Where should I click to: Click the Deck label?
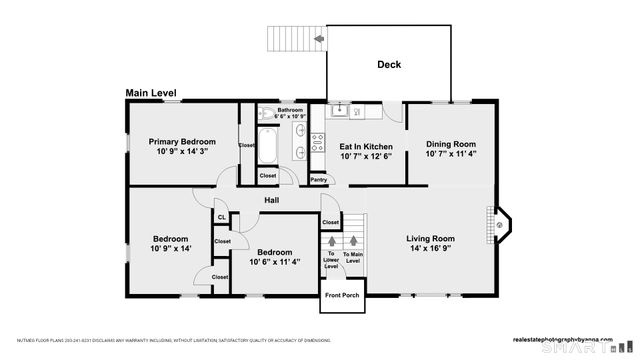tap(389, 65)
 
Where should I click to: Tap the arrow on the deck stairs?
tap(318, 39)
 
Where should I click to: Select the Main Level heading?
tap(151, 93)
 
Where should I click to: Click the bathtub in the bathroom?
tap(269, 144)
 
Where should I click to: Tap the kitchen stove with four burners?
tap(318, 142)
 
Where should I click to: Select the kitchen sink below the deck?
tap(340, 108)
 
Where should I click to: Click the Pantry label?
tap(319, 180)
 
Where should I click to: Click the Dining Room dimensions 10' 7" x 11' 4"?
tap(450, 154)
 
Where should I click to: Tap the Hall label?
tap(271, 201)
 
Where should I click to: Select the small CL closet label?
tap(221, 217)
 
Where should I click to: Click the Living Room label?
tap(430, 238)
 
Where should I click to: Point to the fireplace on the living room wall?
tap(499, 225)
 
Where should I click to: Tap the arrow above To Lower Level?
tap(331, 243)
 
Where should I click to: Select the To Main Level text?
tap(352, 258)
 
